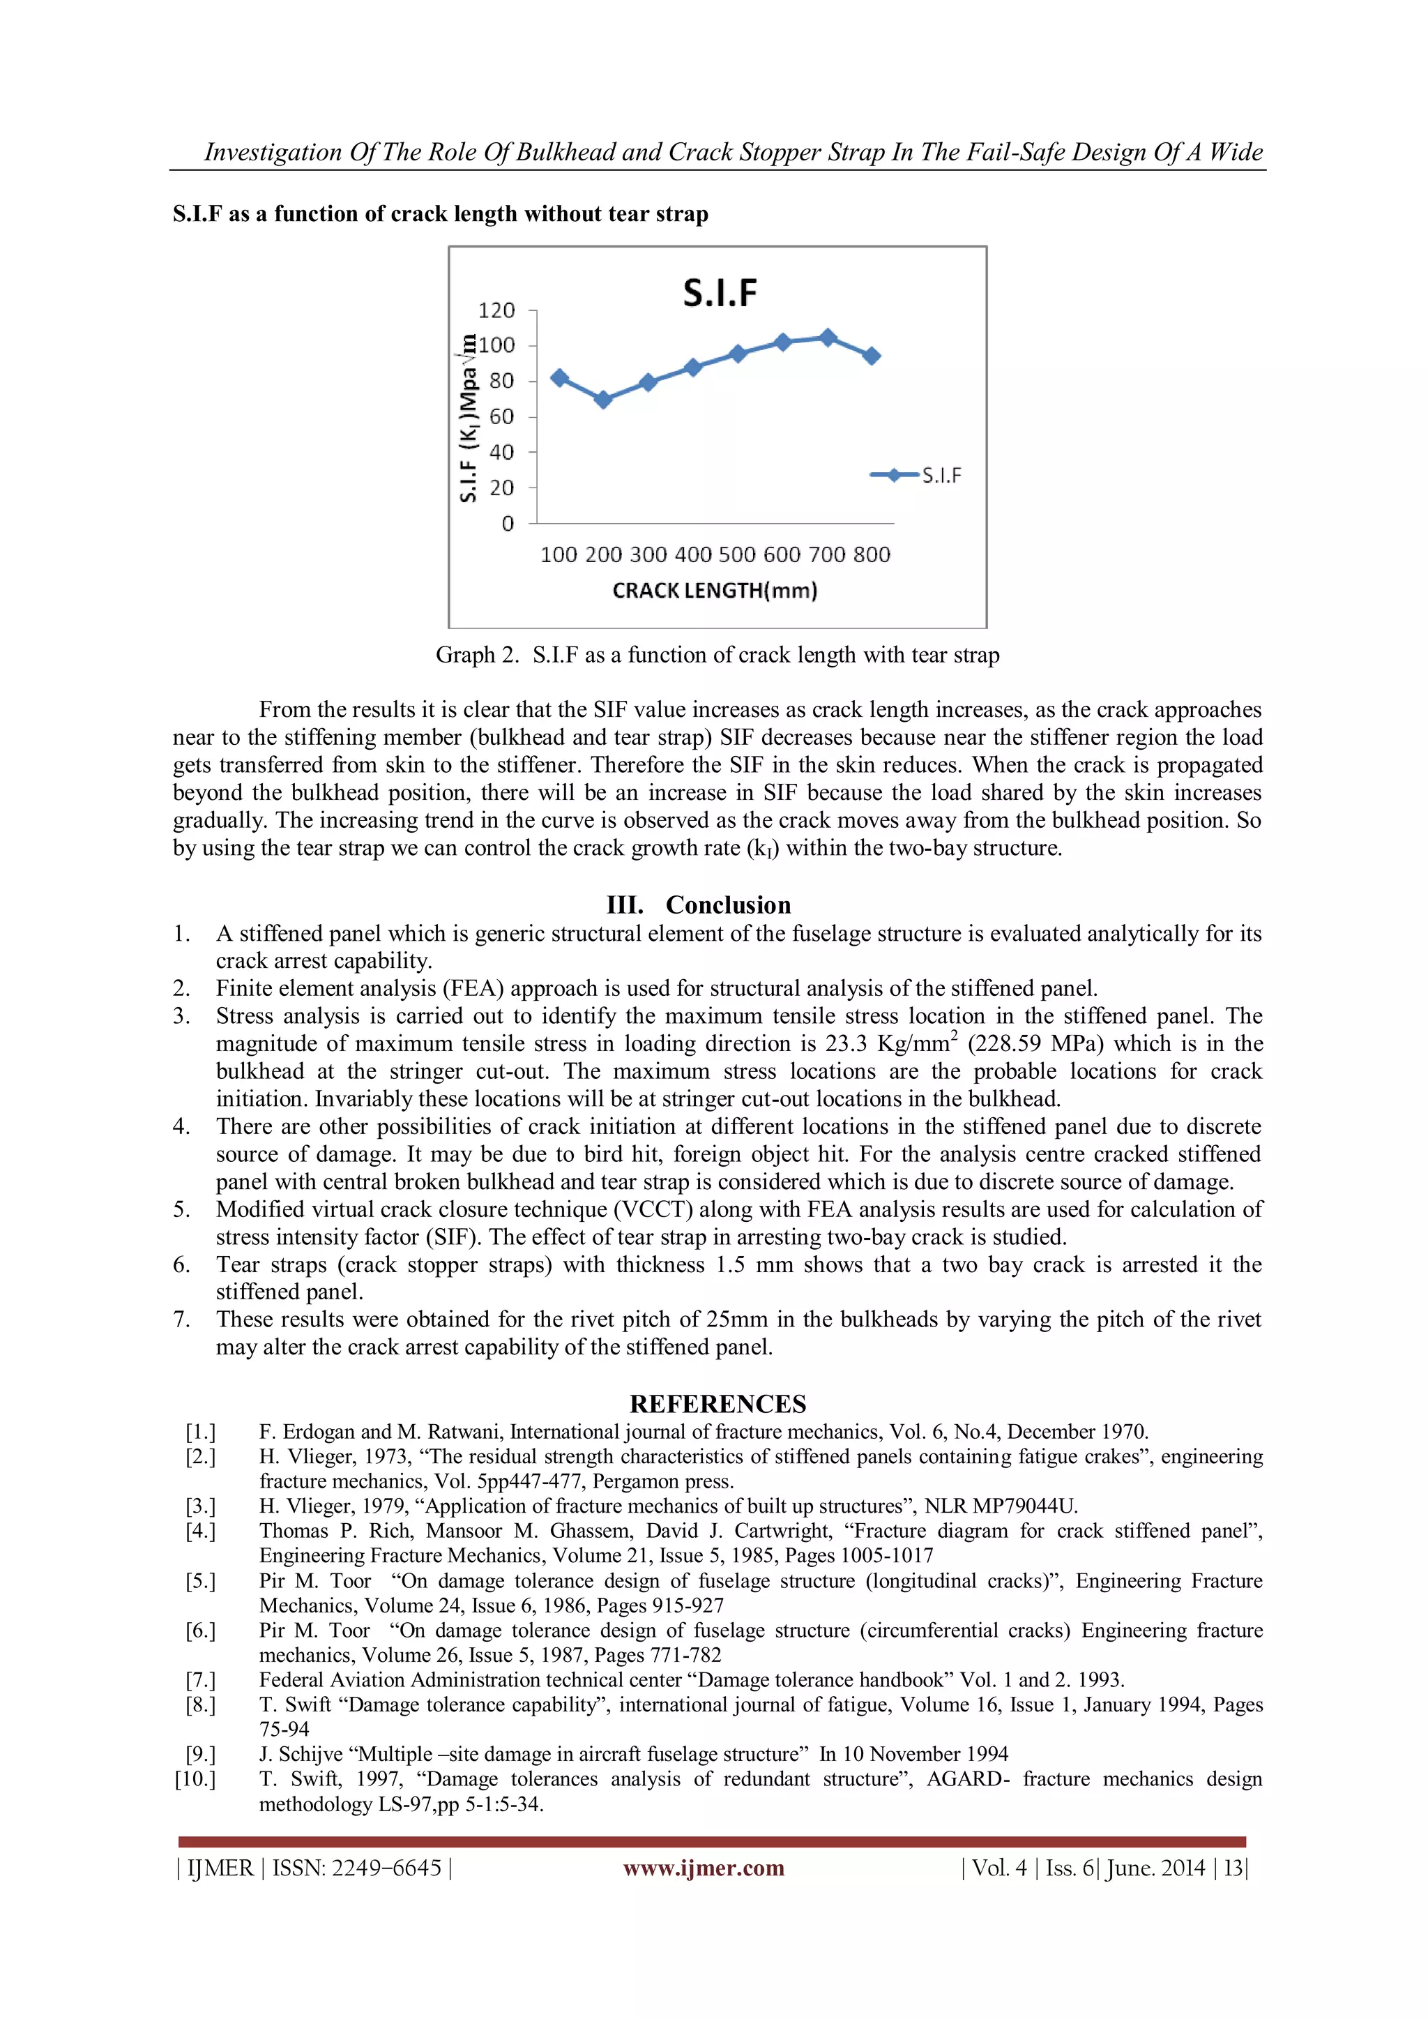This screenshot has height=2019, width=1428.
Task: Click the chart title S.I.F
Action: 720,293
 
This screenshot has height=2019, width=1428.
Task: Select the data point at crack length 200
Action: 603,399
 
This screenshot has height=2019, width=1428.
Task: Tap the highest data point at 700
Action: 828,338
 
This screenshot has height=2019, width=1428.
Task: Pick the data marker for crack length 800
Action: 872,356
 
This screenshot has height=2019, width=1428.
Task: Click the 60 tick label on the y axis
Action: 501,417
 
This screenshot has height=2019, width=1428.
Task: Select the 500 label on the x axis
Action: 737,555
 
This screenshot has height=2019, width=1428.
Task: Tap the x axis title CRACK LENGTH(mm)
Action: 715,591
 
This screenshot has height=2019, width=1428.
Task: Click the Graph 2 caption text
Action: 717,655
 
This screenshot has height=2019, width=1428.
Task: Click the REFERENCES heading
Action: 717,1403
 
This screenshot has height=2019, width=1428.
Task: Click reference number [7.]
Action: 201,1679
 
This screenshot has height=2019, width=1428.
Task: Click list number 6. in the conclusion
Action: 181,1264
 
